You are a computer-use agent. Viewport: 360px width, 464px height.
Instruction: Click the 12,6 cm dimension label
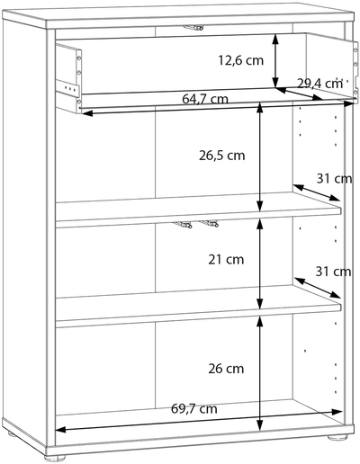pyautogui.click(x=240, y=60)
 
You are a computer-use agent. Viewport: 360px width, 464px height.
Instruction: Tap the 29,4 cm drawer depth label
pyautogui.click(x=319, y=84)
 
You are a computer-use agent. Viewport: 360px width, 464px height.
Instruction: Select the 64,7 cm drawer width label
pyautogui.click(x=205, y=99)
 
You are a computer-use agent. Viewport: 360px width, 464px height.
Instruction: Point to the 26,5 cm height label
pyautogui.click(x=222, y=156)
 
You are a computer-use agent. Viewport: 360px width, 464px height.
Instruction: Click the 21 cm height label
pyautogui.click(x=226, y=260)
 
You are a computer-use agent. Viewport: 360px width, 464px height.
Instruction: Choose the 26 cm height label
pyautogui.click(x=226, y=369)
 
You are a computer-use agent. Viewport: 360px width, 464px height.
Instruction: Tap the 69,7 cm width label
pyautogui.click(x=194, y=408)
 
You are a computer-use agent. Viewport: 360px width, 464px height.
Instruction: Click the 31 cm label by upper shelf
pyautogui.click(x=334, y=179)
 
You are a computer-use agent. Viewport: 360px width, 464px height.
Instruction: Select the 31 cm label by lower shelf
pyautogui.click(x=333, y=272)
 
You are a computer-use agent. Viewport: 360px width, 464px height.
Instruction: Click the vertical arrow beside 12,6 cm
pyautogui.click(x=275, y=61)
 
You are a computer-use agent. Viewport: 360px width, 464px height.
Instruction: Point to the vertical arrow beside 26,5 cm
pyautogui.click(x=260, y=157)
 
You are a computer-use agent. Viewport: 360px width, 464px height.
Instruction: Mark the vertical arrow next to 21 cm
pyautogui.click(x=260, y=263)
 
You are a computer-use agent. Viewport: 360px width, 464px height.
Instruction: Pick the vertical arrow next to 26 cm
pyautogui.click(x=260, y=373)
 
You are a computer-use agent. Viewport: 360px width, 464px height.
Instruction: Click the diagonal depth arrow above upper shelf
pyautogui.click(x=317, y=192)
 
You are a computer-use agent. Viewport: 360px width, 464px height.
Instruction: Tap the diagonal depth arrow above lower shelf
pyautogui.click(x=318, y=288)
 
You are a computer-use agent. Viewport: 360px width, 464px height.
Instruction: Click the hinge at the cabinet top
pyautogui.click(x=193, y=28)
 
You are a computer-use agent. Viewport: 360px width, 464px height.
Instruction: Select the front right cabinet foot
pyautogui.click(x=337, y=438)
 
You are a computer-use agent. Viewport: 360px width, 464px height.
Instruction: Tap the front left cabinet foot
pyautogui.click(x=55, y=458)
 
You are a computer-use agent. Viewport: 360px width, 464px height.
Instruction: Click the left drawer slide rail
pyautogui.click(x=67, y=86)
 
